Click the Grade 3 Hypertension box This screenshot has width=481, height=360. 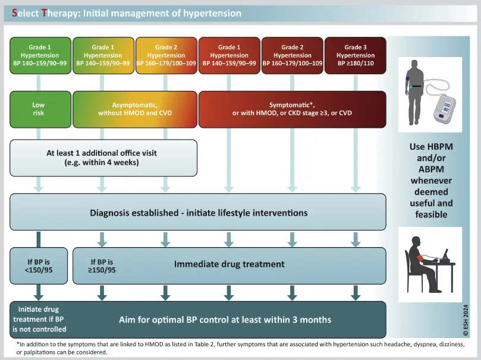(355, 55)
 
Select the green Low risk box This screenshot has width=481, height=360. (40, 109)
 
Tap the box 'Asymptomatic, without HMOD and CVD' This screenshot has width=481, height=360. (135, 109)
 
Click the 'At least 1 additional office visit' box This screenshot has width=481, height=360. (103, 158)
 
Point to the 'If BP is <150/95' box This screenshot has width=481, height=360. (39, 266)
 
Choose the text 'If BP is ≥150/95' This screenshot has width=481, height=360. (102, 266)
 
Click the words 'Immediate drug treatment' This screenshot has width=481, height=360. (229, 264)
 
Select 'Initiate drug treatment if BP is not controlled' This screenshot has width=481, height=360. (39, 319)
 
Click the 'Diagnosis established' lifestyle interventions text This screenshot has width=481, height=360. (199, 213)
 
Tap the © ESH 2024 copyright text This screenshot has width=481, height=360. (466, 320)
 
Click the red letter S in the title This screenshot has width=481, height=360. (14, 13)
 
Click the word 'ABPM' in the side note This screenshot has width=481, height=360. (431, 169)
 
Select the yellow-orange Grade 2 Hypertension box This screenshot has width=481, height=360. (166, 55)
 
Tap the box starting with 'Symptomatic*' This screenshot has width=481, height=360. (293, 109)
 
